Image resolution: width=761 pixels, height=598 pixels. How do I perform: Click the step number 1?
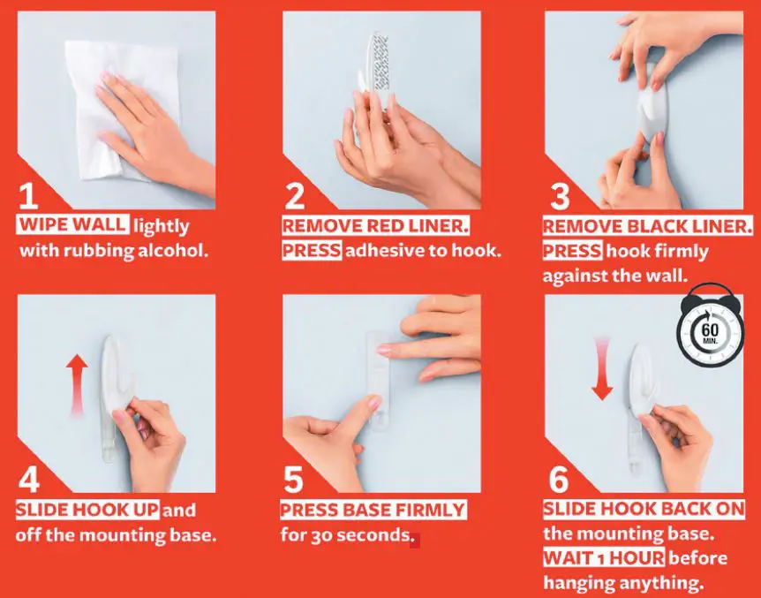(30, 195)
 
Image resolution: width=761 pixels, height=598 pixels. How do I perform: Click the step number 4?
(30, 480)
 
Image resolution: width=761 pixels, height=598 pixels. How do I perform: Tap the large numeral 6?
(557, 480)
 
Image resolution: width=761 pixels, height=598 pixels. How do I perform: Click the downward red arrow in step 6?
(603, 367)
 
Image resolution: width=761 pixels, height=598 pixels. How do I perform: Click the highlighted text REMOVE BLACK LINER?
(647, 227)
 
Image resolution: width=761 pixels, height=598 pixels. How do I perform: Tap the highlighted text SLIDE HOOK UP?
(87, 511)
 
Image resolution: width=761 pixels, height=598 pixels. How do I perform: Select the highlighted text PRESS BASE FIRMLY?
(373, 511)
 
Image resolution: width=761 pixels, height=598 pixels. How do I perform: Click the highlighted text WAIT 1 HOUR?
(603, 558)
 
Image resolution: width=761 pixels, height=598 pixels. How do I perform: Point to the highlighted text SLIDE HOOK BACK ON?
(643, 511)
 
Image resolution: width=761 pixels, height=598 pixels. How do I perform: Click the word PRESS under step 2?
(311, 250)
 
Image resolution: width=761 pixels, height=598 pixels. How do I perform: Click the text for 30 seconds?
(347, 534)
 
